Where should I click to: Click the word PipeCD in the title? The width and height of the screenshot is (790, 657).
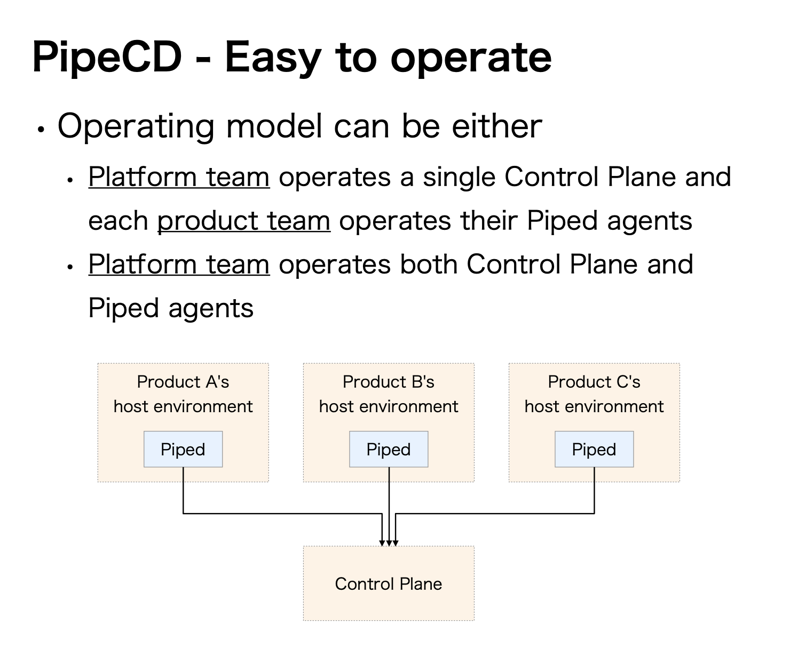pyautogui.click(x=107, y=58)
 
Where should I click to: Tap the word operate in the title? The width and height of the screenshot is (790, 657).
pyautogui.click(x=471, y=58)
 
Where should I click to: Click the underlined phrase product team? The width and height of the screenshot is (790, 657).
pyautogui.click(x=243, y=221)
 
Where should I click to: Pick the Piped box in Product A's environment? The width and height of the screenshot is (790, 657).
pyautogui.click(x=183, y=450)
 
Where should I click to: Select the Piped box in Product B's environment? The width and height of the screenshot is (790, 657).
pyautogui.click(x=389, y=450)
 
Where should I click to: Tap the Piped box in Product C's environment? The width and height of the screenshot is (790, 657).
pyautogui.click(x=594, y=450)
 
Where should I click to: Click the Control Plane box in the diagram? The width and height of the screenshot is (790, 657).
pyautogui.click(x=389, y=584)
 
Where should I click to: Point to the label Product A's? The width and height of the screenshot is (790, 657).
pyautogui.click(x=183, y=382)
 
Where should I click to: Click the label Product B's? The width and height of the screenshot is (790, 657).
pyautogui.click(x=389, y=382)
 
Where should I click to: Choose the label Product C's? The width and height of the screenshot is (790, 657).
pyautogui.click(x=594, y=382)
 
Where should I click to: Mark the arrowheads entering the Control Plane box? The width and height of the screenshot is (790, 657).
pyautogui.click(x=389, y=542)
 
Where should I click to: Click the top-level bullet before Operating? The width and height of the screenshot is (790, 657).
pyautogui.click(x=41, y=130)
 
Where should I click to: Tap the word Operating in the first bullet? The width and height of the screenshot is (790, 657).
pyautogui.click(x=137, y=127)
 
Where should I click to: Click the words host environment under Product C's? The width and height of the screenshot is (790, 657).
pyautogui.click(x=594, y=407)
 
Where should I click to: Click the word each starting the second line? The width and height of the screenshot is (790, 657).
pyautogui.click(x=118, y=221)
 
